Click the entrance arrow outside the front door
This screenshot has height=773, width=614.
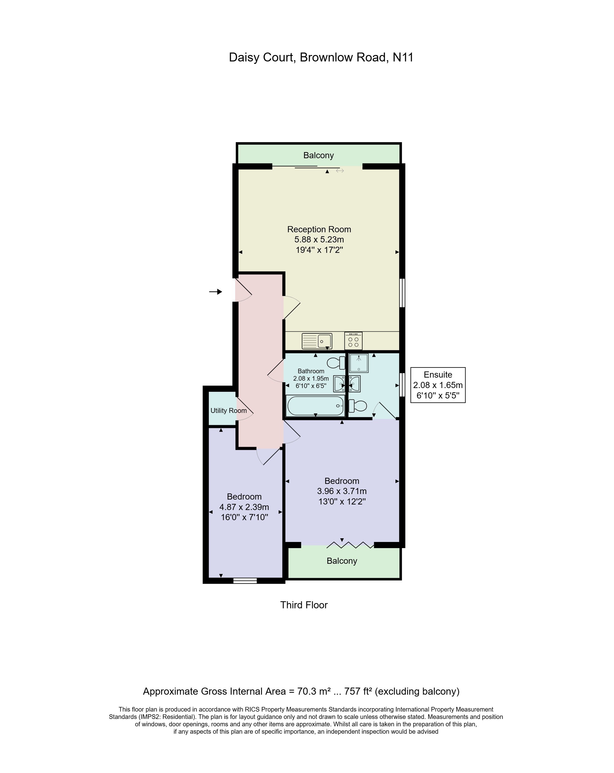(216, 292)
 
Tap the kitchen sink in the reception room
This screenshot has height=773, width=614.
(317, 341)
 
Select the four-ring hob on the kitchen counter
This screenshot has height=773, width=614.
(353, 341)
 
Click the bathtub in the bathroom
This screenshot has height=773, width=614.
(315, 406)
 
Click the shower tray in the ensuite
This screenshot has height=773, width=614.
(359, 363)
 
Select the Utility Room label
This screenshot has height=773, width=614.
(228, 410)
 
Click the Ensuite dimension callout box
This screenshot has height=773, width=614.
(438, 385)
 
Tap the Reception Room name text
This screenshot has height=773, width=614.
(319, 229)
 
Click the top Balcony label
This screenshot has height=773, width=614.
(318, 155)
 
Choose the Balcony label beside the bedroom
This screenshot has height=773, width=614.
(342, 561)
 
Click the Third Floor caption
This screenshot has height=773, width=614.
(304, 605)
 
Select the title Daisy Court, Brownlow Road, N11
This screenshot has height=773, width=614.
(321, 57)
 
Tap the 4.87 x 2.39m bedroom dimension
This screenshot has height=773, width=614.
(244, 507)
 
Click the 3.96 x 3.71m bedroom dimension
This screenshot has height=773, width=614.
(342, 491)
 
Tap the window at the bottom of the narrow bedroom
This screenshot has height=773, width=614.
(245, 580)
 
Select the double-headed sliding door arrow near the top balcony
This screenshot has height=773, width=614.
(340, 171)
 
